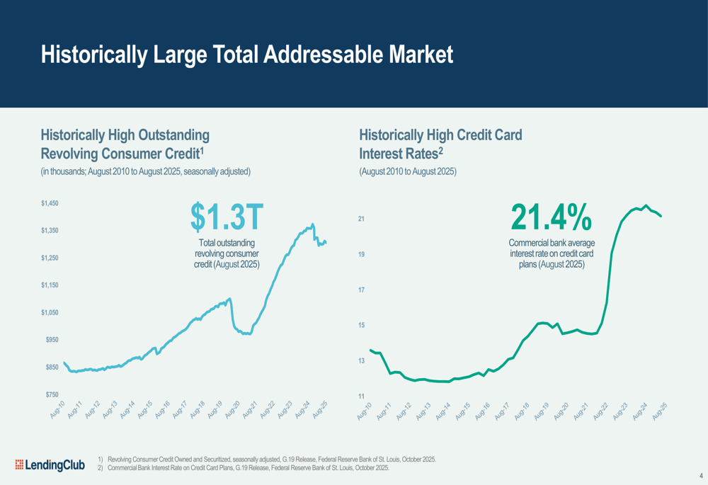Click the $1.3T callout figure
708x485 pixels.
coord(227,217)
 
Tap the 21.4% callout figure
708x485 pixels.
coord(551,217)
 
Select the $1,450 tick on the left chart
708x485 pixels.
coord(49,203)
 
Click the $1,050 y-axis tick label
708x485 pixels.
coord(49,312)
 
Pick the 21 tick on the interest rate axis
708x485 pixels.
coord(361,219)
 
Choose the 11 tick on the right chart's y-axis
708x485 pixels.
coord(361,396)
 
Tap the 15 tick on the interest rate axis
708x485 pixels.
coord(361,325)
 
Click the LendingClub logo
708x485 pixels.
coord(50,464)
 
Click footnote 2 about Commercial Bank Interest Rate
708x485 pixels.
coord(247,467)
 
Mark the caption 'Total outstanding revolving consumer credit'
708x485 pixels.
coord(227,253)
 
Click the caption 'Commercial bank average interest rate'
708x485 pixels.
coord(551,253)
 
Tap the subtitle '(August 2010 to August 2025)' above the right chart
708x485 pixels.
coord(407,171)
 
